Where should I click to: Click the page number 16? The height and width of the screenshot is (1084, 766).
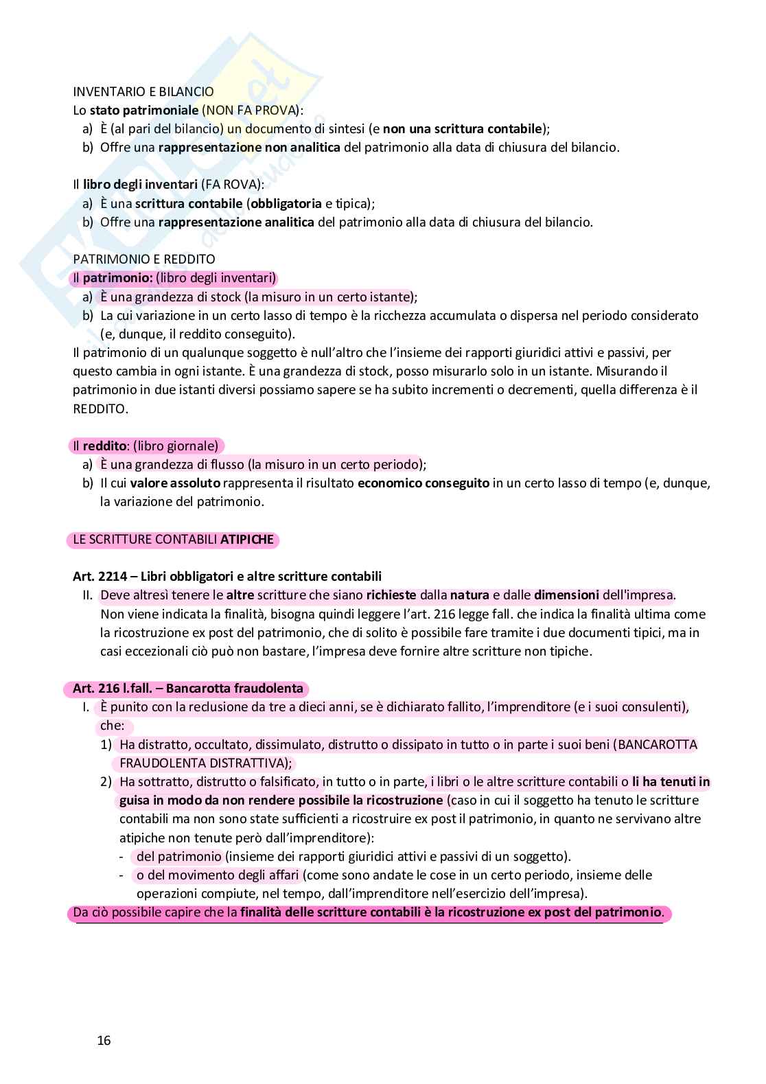pyautogui.click(x=104, y=1040)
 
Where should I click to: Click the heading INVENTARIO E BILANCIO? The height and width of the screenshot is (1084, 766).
pyautogui.click(x=143, y=91)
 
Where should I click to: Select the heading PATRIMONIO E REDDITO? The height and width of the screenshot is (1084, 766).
pyautogui.click(x=143, y=259)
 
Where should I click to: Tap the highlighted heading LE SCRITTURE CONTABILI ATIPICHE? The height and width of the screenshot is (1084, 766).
pyautogui.click(x=173, y=540)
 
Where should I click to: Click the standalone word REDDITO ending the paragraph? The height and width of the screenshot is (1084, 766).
pyautogui.click(x=100, y=408)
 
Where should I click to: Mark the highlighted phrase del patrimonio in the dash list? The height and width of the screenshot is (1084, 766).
pyautogui.click(x=178, y=856)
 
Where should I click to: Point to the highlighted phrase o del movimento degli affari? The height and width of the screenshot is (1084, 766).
pyautogui.click(x=218, y=875)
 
